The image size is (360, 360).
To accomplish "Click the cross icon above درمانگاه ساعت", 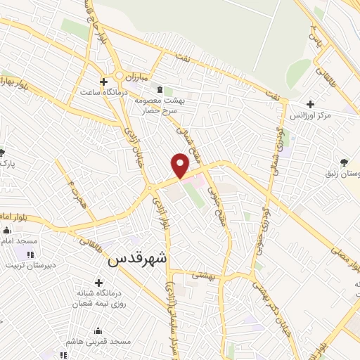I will click(104, 82).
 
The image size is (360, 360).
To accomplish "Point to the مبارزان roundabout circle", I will click(120, 75).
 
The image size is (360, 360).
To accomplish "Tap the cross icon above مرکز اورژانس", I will click(311, 104).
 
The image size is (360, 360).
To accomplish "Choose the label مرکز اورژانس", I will click(324, 116).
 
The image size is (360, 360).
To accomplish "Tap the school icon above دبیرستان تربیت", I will click(31, 253).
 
